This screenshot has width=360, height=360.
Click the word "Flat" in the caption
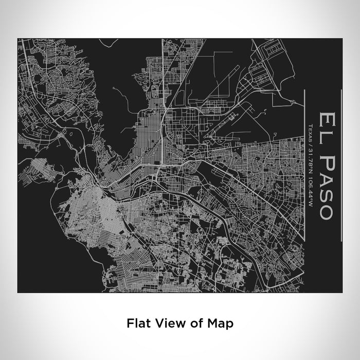(x=136, y=323)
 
